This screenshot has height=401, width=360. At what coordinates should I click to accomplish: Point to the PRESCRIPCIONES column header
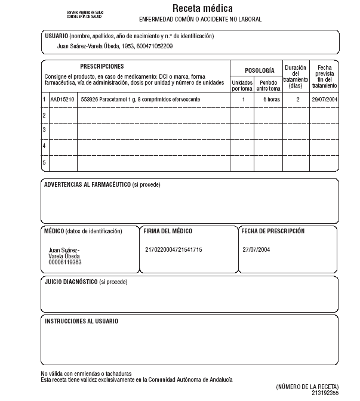coord(102,66)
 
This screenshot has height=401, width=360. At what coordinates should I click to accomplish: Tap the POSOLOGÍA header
coord(260,70)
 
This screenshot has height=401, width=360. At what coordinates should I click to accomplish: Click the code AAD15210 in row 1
coord(63,99)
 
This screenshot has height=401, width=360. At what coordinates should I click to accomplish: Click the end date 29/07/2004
coord(324,99)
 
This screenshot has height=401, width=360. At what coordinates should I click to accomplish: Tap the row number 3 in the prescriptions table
coord(44,129)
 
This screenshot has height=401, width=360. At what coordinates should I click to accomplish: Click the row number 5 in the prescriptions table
coord(44,162)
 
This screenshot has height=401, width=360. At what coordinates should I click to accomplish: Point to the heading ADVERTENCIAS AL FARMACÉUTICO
coord(87,184)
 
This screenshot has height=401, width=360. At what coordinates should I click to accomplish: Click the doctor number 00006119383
coord(65,262)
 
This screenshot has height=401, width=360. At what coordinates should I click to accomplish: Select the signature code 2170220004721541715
coord(174,249)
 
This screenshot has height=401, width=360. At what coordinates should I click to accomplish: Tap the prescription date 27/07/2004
coord(257,249)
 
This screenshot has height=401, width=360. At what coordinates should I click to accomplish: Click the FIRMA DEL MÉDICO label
coord(168,231)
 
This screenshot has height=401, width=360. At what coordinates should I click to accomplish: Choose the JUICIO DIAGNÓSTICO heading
coord(71,281)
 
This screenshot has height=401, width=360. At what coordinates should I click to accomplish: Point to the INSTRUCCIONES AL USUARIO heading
coord(82,321)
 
